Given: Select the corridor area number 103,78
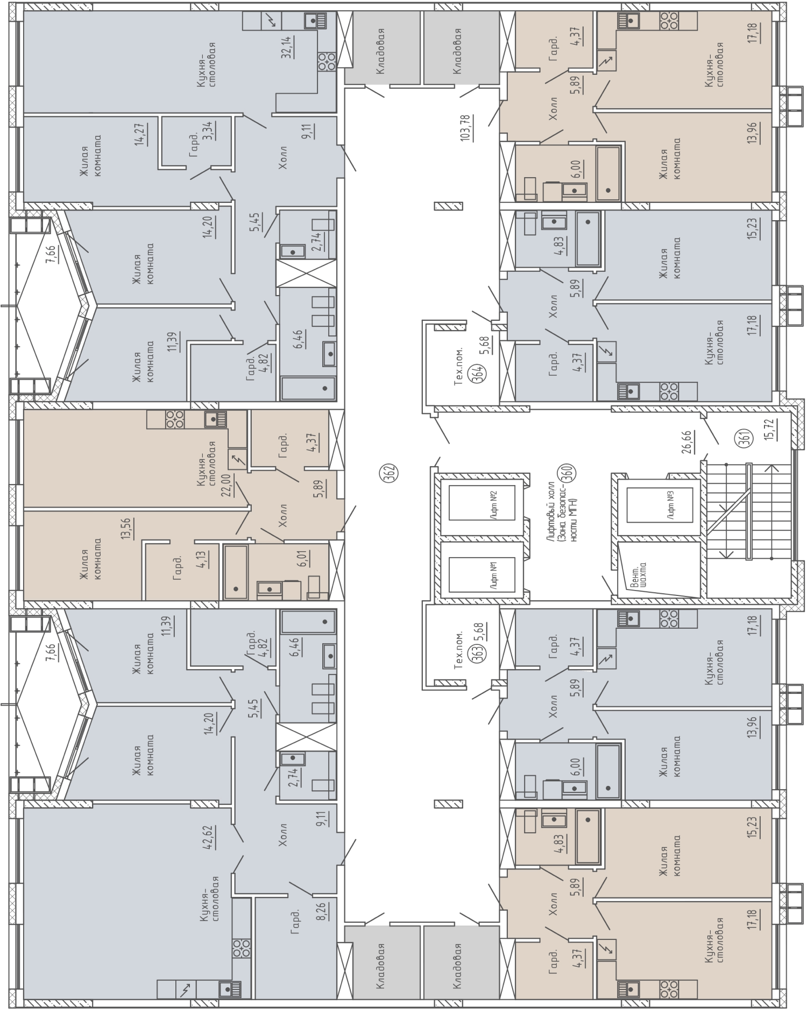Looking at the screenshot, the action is point(465,127).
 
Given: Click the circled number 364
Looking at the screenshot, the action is point(477,373).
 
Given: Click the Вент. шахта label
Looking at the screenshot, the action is point(639,575).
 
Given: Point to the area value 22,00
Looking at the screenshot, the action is point(227,486).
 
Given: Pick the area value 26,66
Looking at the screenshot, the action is point(687,441).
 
